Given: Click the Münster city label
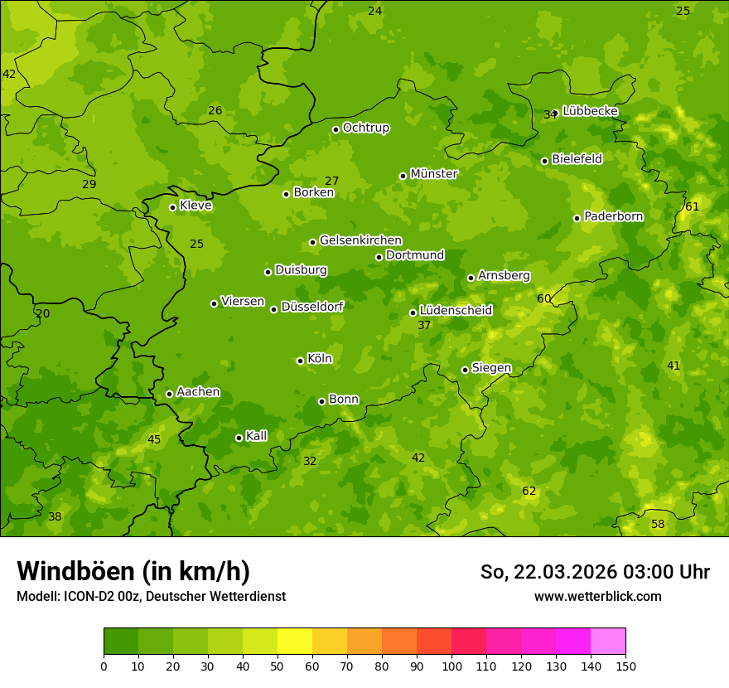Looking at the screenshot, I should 433,174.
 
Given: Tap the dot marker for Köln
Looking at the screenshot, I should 300,361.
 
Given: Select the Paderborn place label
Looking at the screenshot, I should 613,216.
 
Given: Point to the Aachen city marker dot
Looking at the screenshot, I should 169,394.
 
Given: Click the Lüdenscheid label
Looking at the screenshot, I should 456,311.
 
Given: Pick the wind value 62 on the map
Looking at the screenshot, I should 529,492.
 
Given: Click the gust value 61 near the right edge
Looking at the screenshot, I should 692,206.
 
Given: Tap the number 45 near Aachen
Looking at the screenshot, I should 154,440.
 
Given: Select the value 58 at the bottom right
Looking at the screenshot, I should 658,525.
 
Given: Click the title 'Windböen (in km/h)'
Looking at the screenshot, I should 133,571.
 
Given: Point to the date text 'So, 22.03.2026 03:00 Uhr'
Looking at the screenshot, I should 595,572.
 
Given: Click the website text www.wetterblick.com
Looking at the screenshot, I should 597,596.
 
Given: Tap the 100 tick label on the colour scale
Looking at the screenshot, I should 451,666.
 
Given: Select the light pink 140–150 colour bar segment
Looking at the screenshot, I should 608,642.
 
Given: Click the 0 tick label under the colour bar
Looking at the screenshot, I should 104,666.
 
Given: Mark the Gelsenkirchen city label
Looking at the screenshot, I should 360,240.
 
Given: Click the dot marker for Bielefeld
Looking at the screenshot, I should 544,161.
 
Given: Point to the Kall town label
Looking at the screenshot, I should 256,436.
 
